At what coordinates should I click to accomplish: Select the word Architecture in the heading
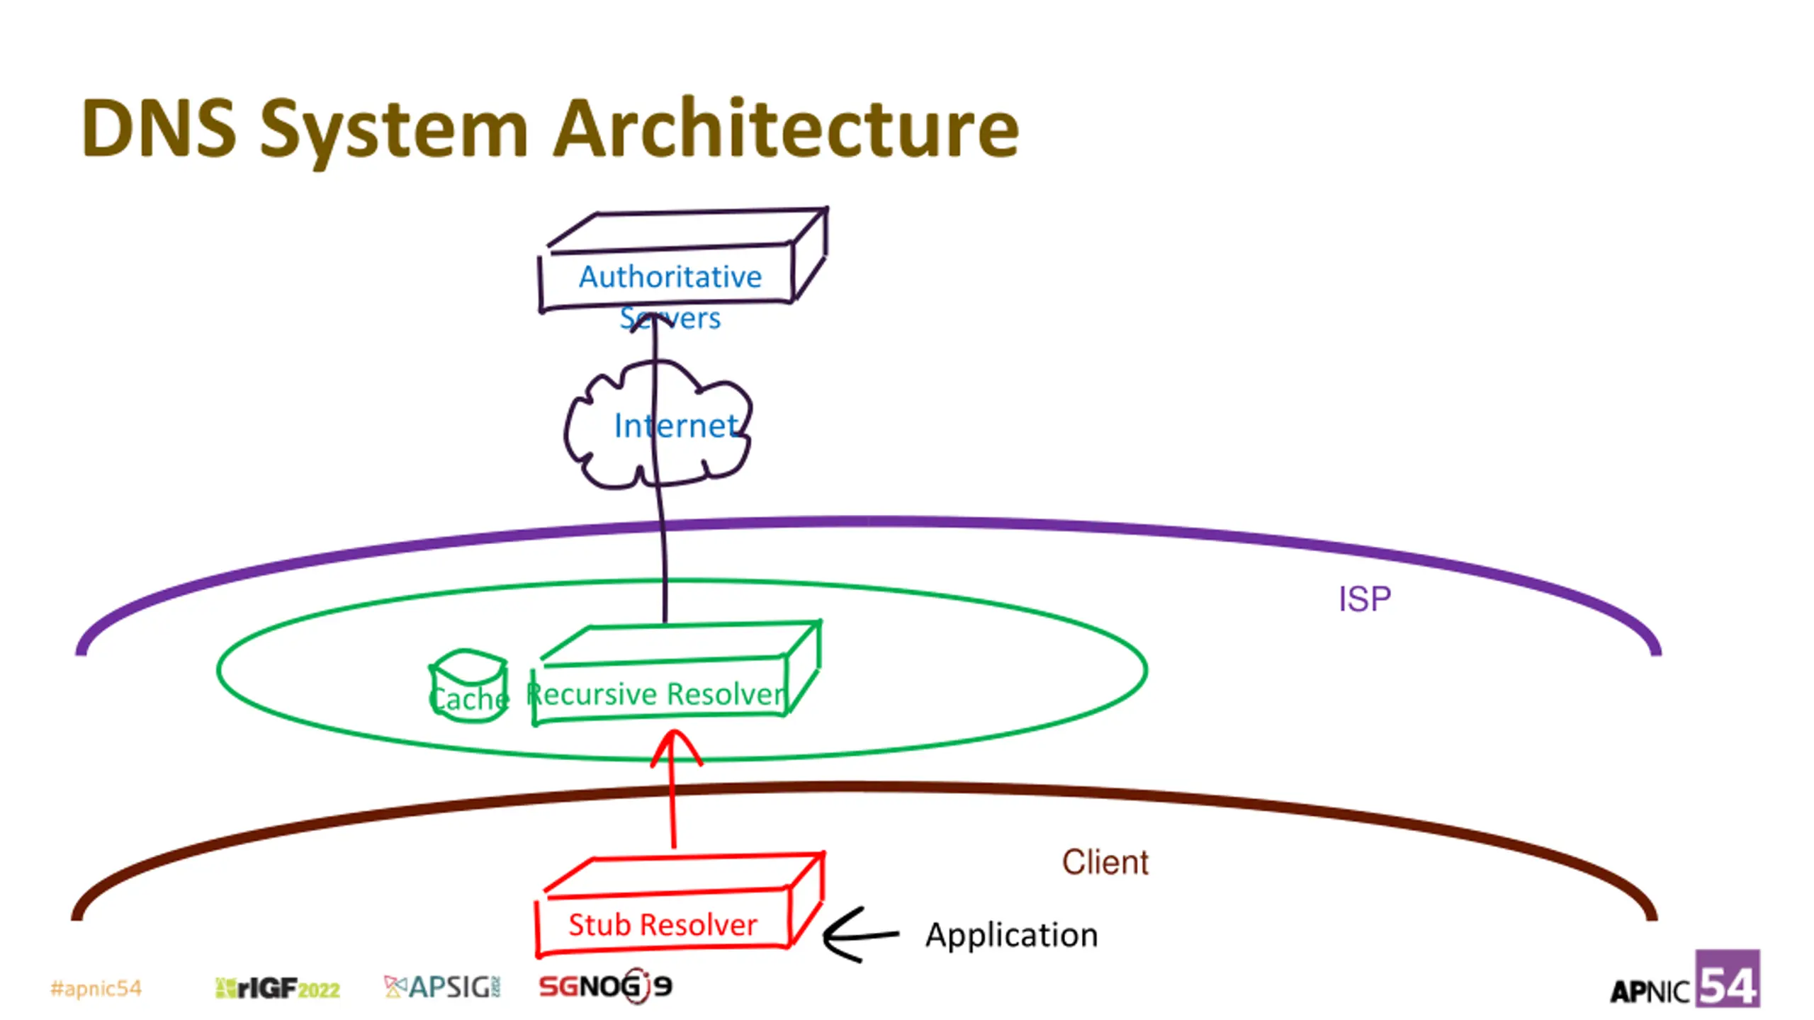[x=786, y=128]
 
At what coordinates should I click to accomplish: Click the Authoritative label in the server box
[x=670, y=276]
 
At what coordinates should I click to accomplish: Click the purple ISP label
[x=1364, y=599]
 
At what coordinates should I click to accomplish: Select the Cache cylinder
[x=468, y=685]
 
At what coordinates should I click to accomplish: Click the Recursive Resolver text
[x=656, y=693]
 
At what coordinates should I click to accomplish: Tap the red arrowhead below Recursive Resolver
[x=676, y=747]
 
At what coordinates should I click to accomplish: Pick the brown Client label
[x=1105, y=862]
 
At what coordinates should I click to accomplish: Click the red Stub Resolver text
[x=663, y=924]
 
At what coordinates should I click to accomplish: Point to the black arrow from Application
[x=860, y=934]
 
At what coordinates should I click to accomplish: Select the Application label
[x=1011, y=936]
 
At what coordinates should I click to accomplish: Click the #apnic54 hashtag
[x=96, y=988]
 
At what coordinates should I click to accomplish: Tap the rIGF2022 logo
[x=277, y=988]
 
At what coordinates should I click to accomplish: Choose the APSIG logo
[x=442, y=987]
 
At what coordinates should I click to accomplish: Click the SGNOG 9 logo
[x=606, y=986]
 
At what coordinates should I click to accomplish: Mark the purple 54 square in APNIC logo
[x=1728, y=978]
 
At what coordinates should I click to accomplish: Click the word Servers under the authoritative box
[x=670, y=318]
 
